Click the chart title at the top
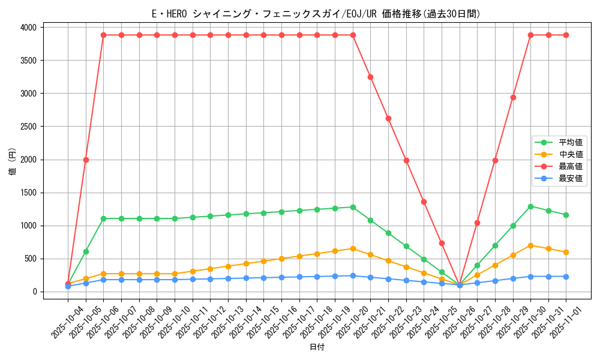pyautogui.click(x=316, y=14)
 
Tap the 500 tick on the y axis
pyautogui.click(x=30, y=259)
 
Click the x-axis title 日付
pyautogui.click(x=317, y=347)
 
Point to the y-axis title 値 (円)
pyautogui.click(x=13, y=162)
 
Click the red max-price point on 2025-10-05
pyautogui.click(x=86, y=160)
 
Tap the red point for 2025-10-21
pyautogui.click(x=370, y=77)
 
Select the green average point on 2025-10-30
pyautogui.click(x=530, y=206)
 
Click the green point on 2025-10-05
pyautogui.click(x=86, y=251)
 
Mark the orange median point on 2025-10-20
pyautogui.click(x=353, y=248)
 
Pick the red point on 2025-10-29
pyautogui.click(x=513, y=97)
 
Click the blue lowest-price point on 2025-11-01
pyautogui.click(x=566, y=277)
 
